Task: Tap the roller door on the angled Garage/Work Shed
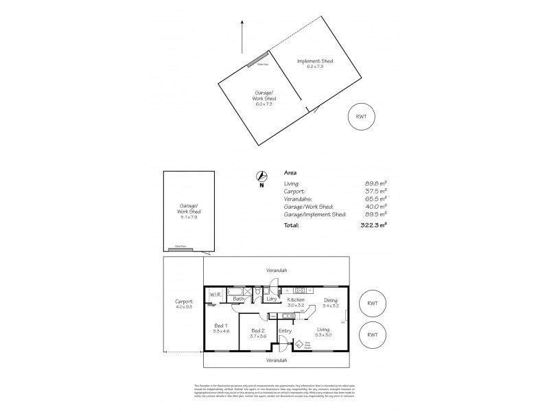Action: [258, 60]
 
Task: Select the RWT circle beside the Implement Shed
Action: [361, 116]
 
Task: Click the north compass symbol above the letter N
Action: [261, 176]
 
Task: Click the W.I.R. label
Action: [213, 296]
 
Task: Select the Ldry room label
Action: [272, 299]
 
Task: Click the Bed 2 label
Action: [258, 330]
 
